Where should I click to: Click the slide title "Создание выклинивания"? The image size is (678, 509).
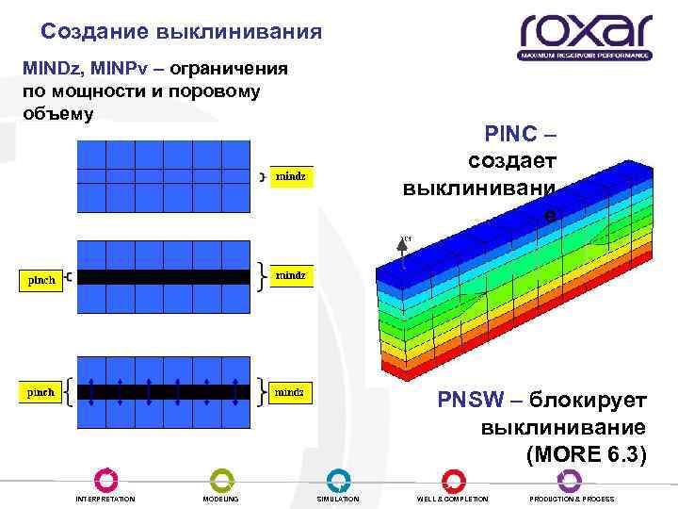point(182,32)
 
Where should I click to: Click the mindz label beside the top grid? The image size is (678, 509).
point(290,176)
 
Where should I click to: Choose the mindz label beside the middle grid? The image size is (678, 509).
point(290,275)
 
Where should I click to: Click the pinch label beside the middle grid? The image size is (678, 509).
point(41,279)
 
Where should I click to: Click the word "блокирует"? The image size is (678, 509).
point(587,400)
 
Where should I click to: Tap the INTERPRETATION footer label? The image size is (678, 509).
point(105,499)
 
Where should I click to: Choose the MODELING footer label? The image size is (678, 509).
point(221,499)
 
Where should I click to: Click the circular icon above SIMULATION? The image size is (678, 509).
point(338,480)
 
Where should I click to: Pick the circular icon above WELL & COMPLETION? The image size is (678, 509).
point(453,480)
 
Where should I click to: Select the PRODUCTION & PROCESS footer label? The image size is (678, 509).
point(573,499)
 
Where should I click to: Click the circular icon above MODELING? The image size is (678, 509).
point(221,480)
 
